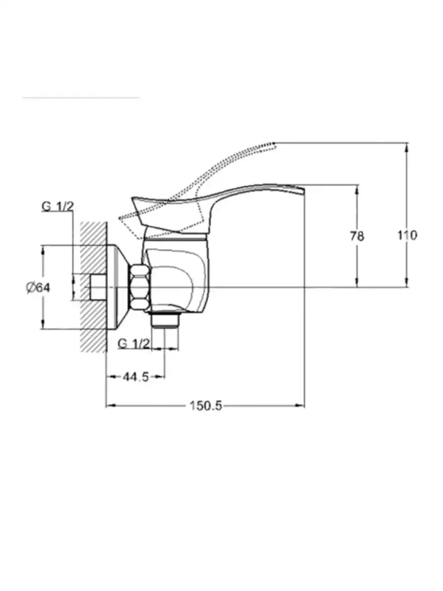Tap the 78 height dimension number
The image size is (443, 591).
pyautogui.click(x=357, y=236)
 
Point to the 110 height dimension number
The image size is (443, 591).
pyautogui.click(x=407, y=235)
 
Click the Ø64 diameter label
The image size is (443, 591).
pyautogui.click(x=38, y=288)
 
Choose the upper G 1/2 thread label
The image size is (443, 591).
pyautogui.click(x=58, y=207)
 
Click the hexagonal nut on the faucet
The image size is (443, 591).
pyautogui.click(x=140, y=287)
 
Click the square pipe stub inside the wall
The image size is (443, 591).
pyautogui.click(x=97, y=287)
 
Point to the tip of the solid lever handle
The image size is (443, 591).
pyautogui.click(x=304, y=189)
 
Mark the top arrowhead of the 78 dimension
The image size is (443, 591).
pyautogui.click(x=357, y=189)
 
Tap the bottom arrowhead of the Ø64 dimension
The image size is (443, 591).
pyautogui.click(x=43, y=325)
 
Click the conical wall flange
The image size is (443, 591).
pyautogui.click(x=118, y=287)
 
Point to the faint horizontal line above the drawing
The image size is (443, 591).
pyautogui.click(x=81, y=98)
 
